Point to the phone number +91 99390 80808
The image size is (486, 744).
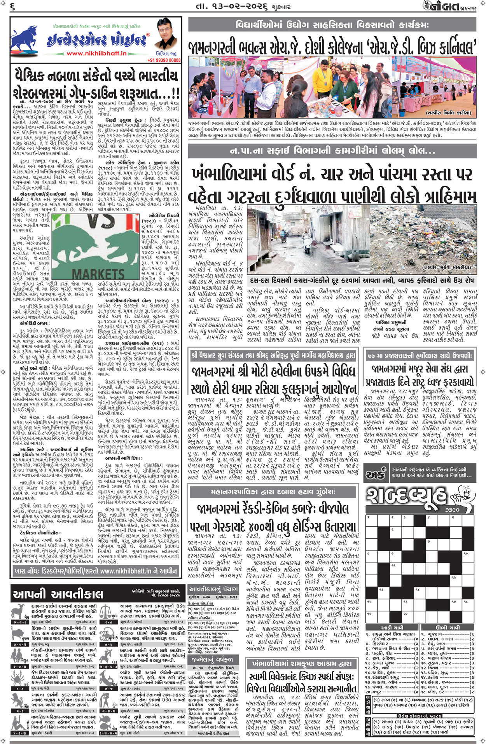tap(164, 60)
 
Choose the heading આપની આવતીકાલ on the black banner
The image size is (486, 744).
tap(58, 594)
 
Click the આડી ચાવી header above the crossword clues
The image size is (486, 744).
tap(392, 627)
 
